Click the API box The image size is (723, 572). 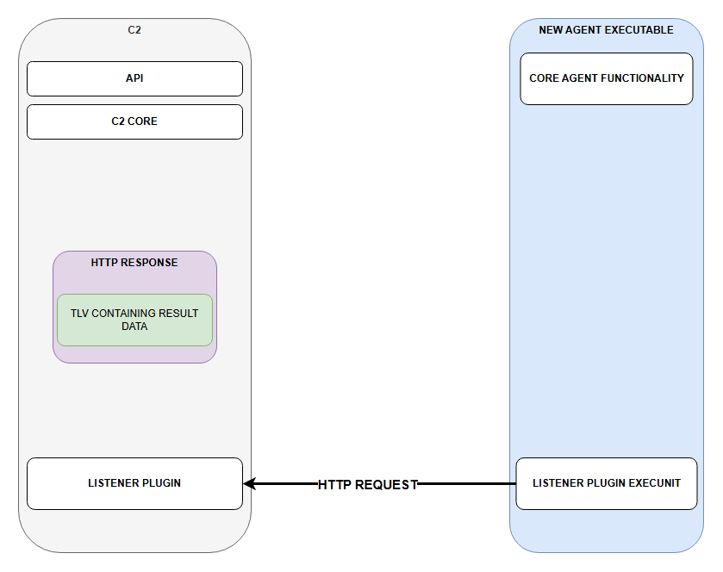134,78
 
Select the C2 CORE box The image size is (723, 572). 134,121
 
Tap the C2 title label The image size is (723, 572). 134,30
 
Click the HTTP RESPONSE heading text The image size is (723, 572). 134,263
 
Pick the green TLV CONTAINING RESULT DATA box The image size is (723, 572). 134,320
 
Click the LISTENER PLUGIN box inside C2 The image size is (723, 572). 134,483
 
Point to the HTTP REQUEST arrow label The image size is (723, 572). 367,484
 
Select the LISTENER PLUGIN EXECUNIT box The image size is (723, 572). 607,483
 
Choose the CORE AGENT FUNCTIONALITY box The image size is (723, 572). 607,78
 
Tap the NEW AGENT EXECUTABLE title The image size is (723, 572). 606,30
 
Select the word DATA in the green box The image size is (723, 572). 134,326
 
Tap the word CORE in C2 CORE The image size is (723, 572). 142,121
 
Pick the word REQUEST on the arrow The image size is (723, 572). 386,484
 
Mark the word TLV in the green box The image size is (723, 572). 79,314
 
